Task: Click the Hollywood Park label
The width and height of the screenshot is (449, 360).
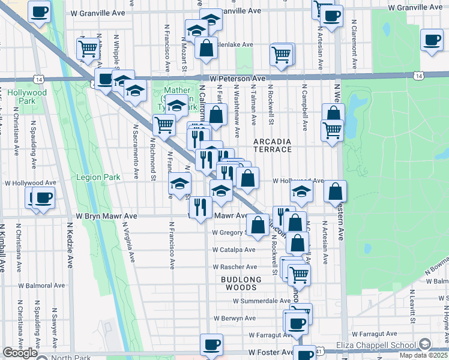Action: [x=26, y=97]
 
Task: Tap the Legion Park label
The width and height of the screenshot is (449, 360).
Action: [x=98, y=177]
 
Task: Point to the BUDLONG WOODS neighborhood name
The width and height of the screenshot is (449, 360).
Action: [x=241, y=283]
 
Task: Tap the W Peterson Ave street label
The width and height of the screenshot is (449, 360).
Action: [x=237, y=79]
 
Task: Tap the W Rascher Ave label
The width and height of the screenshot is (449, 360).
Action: [x=235, y=267]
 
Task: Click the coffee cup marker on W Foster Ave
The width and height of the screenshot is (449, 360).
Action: [x=211, y=345]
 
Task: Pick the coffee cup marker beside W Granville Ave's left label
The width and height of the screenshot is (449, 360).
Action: [x=40, y=11]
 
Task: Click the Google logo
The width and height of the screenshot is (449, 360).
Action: [x=20, y=353]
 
